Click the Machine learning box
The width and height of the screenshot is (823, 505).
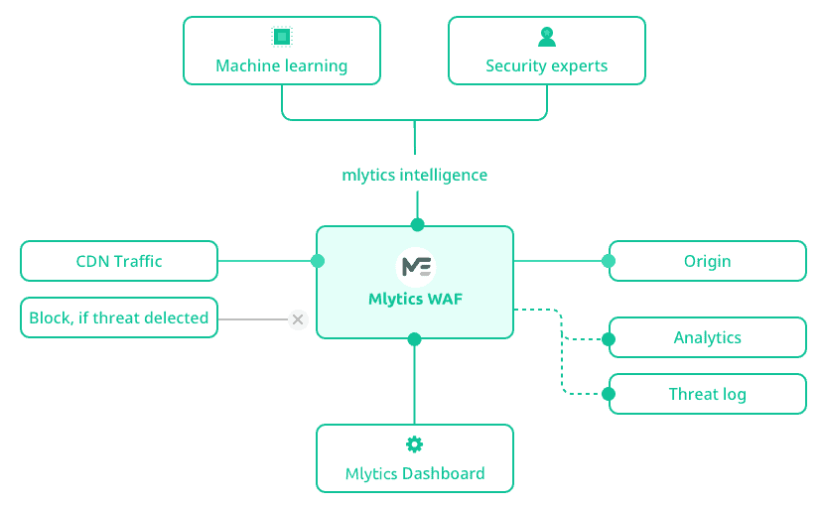[281, 51]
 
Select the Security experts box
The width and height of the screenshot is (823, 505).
[546, 51]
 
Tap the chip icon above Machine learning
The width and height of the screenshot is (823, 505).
[282, 37]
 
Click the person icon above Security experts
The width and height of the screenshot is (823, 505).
[547, 37]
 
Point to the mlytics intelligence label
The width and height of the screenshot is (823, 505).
[414, 175]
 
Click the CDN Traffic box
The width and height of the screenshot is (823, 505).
[119, 261]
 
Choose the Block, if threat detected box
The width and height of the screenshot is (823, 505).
[119, 317]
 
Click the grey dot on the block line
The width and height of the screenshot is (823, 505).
[298, 319]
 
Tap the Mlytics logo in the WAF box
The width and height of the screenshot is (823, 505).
[415, 266]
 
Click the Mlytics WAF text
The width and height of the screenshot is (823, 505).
[415, 297]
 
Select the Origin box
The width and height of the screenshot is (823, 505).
[707, 261]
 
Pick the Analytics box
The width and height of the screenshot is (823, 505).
[707, 337]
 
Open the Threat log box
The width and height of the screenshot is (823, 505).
[707, 394]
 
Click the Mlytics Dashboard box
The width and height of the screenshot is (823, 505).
[415, 458]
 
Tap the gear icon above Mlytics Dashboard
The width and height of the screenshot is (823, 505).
[415, 443]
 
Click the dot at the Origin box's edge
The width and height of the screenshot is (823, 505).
[609, 261]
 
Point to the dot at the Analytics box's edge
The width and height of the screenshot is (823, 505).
[609, 338]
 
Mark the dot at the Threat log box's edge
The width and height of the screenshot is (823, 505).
[609, 394]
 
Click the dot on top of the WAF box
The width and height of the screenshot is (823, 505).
[417, 224]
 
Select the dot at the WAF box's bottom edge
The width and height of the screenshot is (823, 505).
[415, 339]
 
